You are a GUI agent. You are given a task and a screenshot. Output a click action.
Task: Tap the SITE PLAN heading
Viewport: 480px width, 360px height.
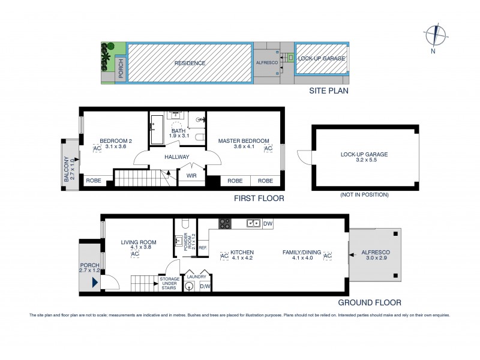[x=328, y=91]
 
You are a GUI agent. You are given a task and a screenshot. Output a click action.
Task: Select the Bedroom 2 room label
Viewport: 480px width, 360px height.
[x=115, y=141]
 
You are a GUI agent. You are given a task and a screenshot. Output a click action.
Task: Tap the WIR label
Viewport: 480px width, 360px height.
[x=192, y=176]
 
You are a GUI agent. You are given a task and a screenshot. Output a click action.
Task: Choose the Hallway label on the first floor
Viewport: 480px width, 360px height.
[x=178, y=157]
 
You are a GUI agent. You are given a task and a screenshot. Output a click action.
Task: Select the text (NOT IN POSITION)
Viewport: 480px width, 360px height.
[x=364, y=195]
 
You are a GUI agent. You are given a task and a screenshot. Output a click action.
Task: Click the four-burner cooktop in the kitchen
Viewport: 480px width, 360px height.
[x=225, y=223]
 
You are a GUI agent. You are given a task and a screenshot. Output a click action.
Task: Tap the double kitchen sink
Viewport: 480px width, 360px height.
[x=253, y=224]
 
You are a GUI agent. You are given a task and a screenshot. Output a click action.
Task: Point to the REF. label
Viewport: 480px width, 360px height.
[x=203, y=247]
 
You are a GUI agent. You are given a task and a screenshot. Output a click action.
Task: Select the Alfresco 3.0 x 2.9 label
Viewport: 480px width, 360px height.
[x=375, y=256]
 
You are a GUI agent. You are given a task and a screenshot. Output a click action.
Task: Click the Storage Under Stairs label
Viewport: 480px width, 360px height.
[x=169, y=283]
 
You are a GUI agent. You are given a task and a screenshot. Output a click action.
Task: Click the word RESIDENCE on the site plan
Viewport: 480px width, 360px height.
[x=190, y=63]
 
